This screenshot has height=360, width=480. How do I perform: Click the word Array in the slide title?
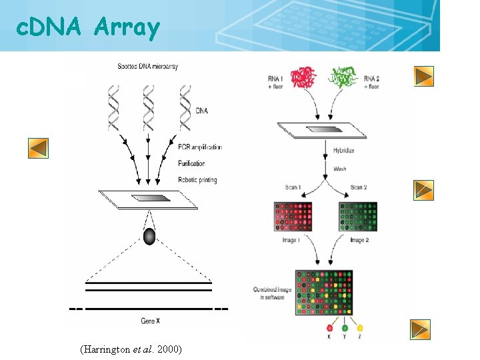127,28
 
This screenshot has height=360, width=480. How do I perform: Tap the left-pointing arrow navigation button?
38,148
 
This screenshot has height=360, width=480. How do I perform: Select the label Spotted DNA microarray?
147,67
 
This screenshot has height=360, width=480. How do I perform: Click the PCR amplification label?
200,147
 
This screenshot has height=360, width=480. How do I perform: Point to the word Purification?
191,163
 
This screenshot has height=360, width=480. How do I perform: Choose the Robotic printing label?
197,180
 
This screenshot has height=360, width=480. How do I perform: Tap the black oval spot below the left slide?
149,237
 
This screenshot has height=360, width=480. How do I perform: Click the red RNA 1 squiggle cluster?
304,78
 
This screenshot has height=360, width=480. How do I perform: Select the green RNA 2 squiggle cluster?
345,78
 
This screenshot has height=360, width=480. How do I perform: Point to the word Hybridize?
344,151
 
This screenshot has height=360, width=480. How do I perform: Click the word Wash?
340,169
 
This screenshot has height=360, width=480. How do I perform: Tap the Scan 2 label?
360,187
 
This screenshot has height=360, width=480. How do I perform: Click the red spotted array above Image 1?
293,217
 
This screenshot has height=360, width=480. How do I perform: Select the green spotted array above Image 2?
358,217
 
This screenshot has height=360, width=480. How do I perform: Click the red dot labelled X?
329,327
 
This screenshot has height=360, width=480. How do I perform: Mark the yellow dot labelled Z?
360,327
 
